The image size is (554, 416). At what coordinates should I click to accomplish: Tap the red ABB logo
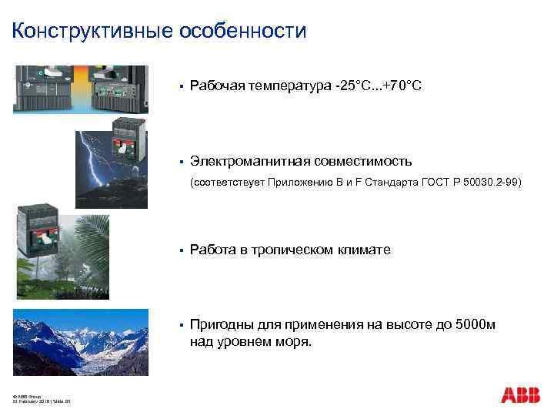click(521, 395)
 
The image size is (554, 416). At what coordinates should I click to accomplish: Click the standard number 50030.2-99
click(492, 183)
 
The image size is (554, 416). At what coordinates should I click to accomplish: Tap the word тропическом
click(295, 250)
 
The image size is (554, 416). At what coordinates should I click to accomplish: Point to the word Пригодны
click(221, 324)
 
